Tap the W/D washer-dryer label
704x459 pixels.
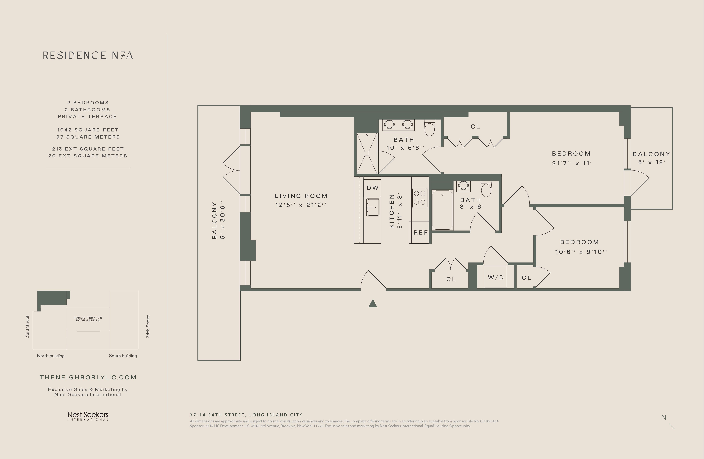496,277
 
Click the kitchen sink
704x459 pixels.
373,207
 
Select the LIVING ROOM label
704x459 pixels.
301,196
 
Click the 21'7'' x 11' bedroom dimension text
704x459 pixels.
572,163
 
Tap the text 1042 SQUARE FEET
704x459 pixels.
88,130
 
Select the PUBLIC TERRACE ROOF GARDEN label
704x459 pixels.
88,319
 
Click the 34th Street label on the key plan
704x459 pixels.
148,326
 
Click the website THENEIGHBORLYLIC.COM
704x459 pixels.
88,377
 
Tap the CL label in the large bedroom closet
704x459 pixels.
475,127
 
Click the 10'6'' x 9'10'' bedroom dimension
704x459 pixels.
581,252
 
